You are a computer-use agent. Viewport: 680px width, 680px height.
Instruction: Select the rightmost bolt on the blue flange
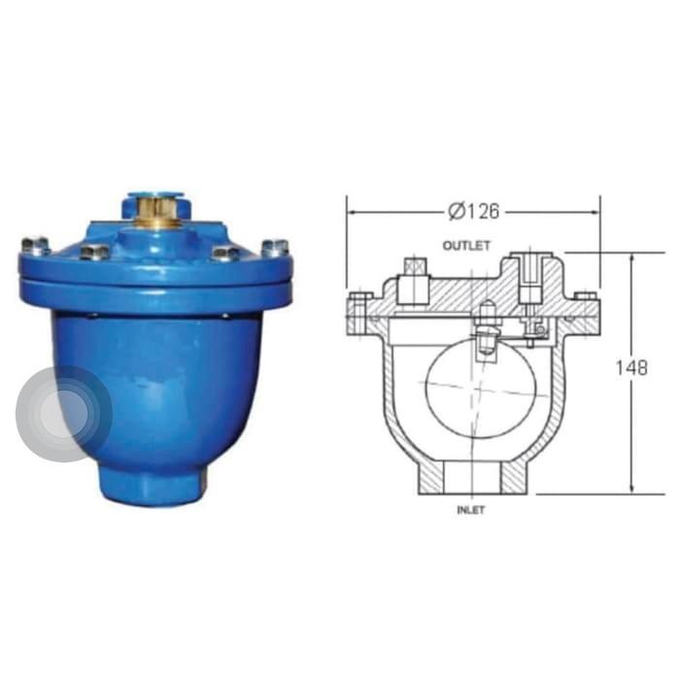click(276, 246)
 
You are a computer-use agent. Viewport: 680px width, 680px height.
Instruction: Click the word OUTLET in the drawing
click(466, 246)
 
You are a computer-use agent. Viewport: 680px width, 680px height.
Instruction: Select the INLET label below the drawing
click(471, 509)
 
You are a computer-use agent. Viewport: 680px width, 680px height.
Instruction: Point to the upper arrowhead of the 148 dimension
click(633, 258)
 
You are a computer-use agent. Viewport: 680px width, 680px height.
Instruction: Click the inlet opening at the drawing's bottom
click(471, 481)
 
